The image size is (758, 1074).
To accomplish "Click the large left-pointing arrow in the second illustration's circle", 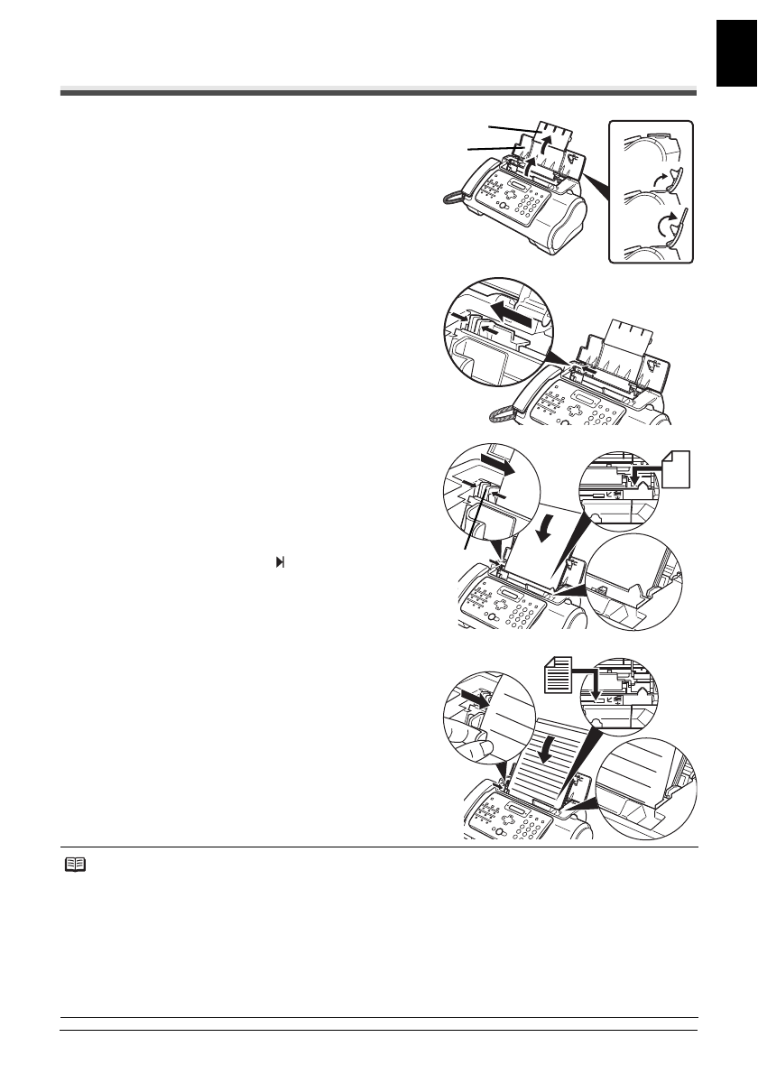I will click(515, 316).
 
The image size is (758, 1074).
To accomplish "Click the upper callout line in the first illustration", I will click(506, 130).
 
